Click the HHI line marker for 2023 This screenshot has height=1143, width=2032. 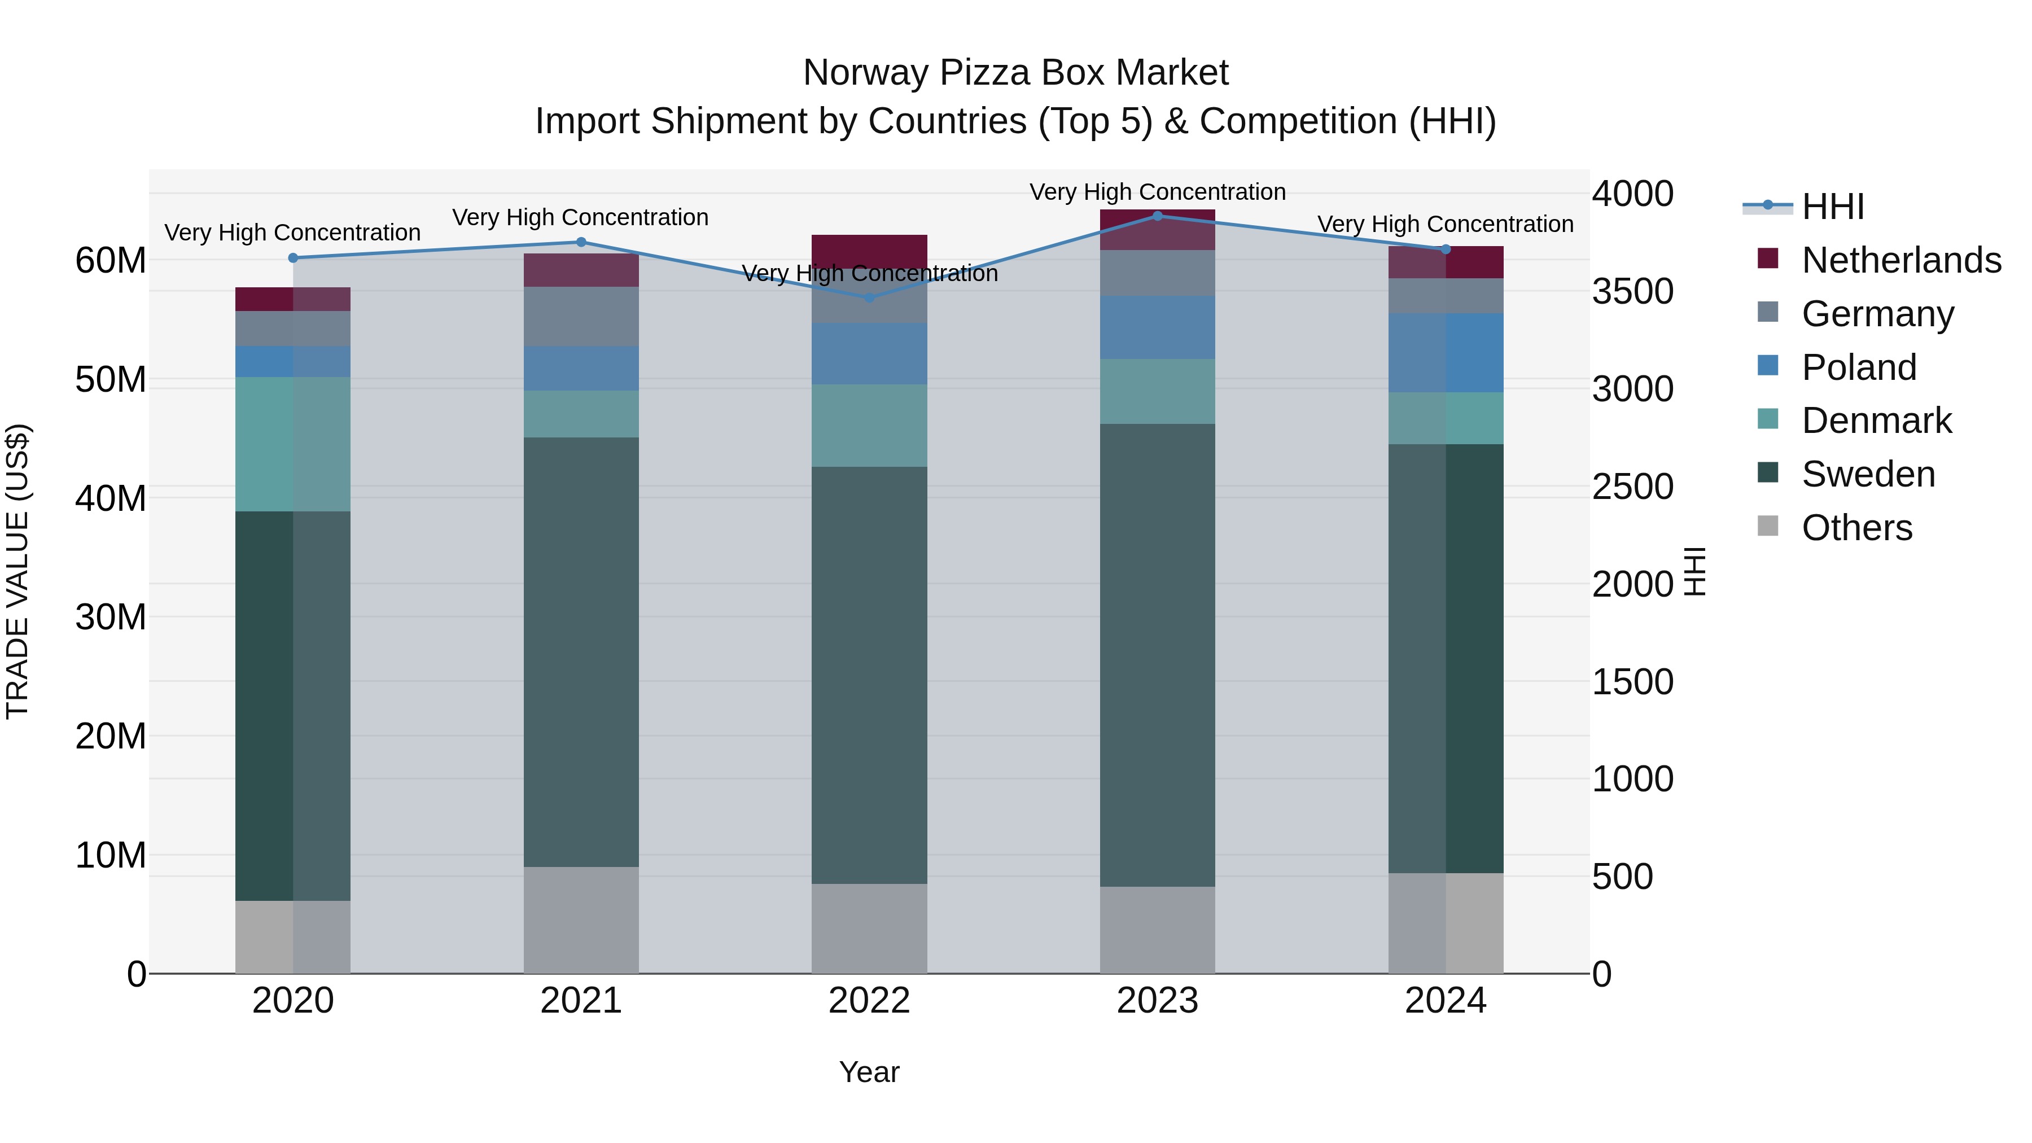click(1157, 216)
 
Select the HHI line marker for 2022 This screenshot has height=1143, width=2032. click(869, 297)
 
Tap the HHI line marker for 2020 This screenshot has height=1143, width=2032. click(292, 258)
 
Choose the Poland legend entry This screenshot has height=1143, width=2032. click(1859, 367)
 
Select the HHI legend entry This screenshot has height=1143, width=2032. click(1832, 207)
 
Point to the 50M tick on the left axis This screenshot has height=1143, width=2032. click(111, 379)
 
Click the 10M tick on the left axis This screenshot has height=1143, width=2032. click(111, 855)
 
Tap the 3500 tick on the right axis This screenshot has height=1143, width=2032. click(1632, 291)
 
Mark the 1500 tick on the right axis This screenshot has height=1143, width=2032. click(1632, 681)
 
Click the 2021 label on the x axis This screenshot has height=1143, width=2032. click(581, 1001)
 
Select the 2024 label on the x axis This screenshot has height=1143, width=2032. click(1445, 1001)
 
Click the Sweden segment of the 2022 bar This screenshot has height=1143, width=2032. click(869, 675)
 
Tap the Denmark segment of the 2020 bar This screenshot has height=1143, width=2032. click(292, 444)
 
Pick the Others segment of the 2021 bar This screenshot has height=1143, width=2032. click(581, 920)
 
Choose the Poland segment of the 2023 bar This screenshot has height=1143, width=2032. click(1157, 327)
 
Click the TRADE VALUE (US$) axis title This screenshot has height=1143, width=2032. click(17, 571)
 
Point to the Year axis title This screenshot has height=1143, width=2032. click(869, 1072)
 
